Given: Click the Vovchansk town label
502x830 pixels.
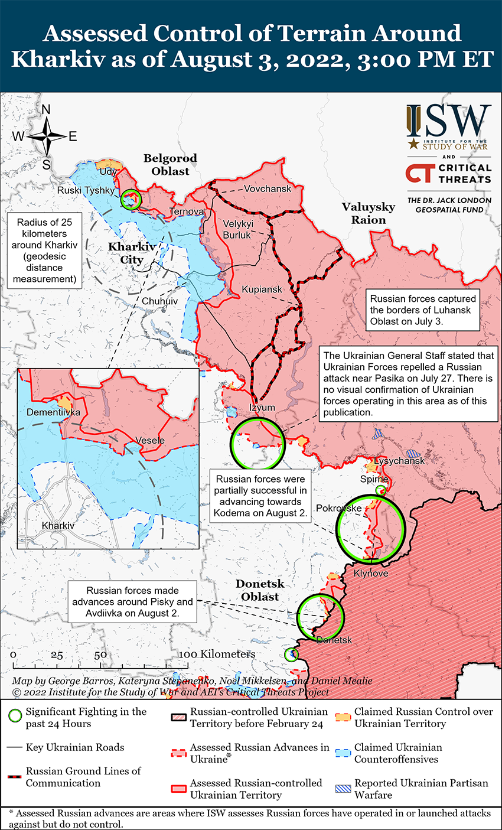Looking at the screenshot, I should (268, 188).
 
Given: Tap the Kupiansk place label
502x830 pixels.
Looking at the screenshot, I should (262, 289).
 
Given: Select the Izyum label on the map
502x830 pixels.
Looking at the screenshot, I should (262, 408).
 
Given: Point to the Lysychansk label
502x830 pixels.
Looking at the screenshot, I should (399, 461).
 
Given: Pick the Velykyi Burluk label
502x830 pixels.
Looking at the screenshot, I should (237, 229).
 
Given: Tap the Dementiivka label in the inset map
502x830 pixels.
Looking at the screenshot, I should (53, 412).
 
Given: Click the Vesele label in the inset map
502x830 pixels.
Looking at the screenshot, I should (150, 441).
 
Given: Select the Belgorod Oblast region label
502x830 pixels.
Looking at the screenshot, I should (170, 165).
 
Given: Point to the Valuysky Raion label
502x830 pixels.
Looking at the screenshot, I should (369, 213).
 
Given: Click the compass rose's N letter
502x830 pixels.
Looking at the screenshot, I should (46, 109).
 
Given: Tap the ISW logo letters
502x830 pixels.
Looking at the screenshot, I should (449, 121).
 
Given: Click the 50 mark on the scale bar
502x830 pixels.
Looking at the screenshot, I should (100, 655).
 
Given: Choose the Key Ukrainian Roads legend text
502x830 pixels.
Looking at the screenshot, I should (75, 747).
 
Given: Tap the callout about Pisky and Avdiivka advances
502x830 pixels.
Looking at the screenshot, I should (132, 603).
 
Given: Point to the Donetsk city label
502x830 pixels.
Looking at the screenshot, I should (334, 640).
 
